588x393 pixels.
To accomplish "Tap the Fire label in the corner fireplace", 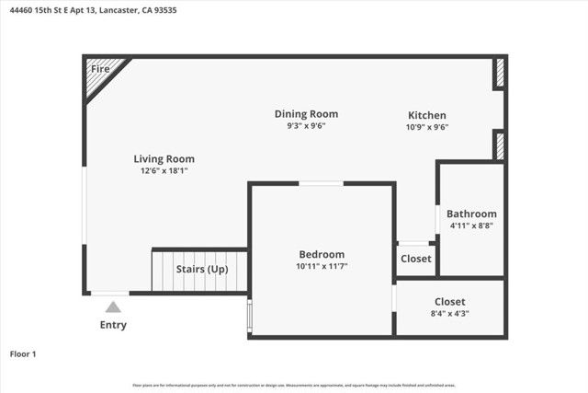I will [x=100, y=69].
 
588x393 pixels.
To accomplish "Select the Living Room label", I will [x=164, y=159].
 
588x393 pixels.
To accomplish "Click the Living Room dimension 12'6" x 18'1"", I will [x=164, y=171].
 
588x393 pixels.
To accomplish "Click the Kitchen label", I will [x=427, y=115].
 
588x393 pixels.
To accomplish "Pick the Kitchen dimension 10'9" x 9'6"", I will [x=427, y=127].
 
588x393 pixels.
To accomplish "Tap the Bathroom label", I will [x=472, y=214].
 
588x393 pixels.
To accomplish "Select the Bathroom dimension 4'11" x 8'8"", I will [x=472, y=225].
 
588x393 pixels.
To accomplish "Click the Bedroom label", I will [x=322, y=255].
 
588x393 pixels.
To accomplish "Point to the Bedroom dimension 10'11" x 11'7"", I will [x=322, y=267].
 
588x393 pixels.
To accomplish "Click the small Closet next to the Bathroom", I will [x=416, y=260].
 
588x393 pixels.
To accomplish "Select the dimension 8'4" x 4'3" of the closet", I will [x=449, y=314].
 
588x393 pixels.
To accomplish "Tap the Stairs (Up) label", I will [x=202, y=270].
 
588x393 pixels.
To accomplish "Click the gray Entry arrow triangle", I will [x=112, y=307].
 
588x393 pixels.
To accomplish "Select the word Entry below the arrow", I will [x=112, y=325].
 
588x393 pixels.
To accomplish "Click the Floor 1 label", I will [x=24, y=353].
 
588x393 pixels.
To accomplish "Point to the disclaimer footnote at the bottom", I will [x=294, y=386].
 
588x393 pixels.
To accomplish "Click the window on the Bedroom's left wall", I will [x=249, y=315].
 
